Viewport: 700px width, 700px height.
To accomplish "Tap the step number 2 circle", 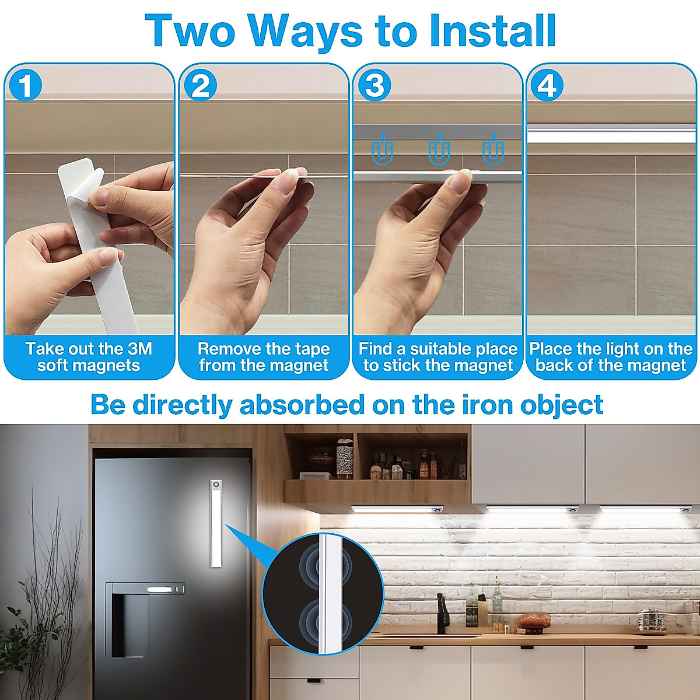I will (200, 86).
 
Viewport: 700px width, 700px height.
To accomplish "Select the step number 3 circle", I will (374, 86).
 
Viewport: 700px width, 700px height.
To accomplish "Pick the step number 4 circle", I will (547, 86).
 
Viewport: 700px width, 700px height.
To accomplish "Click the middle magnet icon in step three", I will (439, 150).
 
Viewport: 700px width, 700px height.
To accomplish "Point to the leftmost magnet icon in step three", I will (383, 150).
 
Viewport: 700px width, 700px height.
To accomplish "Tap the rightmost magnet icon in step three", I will (493, 150).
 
